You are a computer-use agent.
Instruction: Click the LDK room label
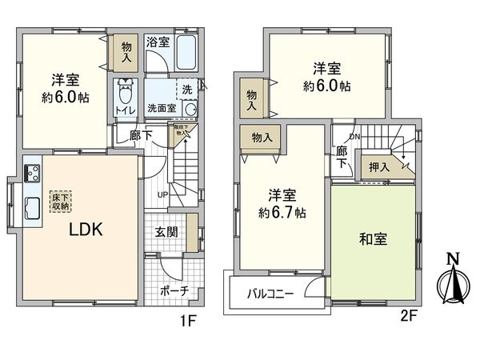[x=83, y=230]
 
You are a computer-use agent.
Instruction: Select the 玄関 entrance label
[x=166, y=232]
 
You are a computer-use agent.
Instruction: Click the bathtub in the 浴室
[x=189, y=54]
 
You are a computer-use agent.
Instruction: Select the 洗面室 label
[x=162, y=108]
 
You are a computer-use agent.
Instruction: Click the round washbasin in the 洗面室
[x=190, y=109]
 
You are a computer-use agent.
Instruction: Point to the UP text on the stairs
[x=162, y=195]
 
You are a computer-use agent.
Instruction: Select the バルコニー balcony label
[x=270, y=294]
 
